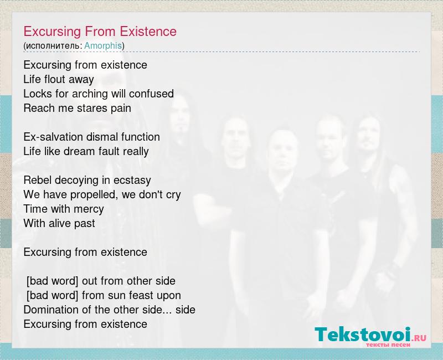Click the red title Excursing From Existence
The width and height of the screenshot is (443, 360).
coord(100,32)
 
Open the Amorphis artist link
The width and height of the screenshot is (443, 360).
coord(103,45)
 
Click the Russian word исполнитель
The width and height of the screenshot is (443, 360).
coord(54,46)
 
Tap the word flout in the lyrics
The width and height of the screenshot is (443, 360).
coord(55,79)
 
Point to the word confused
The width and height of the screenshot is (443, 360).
coord(151,94)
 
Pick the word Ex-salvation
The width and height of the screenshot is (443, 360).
coord(53,137)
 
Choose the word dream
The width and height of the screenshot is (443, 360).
coord(75,151)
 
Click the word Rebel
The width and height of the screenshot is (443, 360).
coord(38,180)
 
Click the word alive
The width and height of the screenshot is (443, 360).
coord(60,223)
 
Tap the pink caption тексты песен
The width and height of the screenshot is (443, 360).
coord(388,345)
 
